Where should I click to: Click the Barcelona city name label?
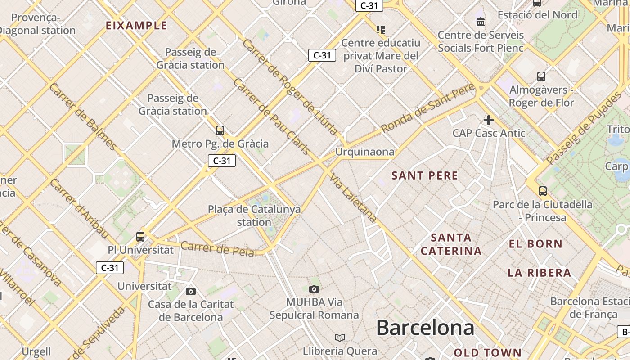425,328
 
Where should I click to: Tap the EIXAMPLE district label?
136,26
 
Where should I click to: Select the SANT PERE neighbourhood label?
425,175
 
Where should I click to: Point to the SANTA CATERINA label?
451,244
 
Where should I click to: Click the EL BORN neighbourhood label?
535,244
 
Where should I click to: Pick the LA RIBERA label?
539,273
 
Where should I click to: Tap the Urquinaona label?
365,152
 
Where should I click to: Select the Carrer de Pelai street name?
219,249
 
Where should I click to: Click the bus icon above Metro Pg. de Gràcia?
220,130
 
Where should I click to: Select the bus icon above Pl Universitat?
140,236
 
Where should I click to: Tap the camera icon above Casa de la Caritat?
191,291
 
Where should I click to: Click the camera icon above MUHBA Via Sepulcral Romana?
314,289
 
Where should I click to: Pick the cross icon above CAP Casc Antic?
488,120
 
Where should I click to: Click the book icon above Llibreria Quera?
340,337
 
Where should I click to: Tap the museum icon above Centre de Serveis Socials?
481,22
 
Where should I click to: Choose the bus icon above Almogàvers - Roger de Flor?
541,76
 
